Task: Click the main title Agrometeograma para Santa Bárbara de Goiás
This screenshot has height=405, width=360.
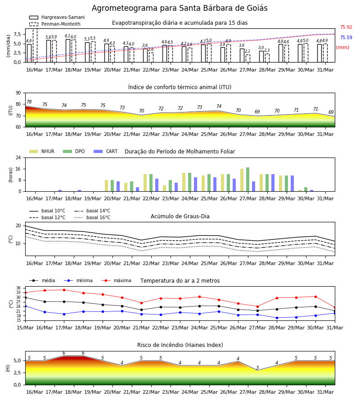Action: [180, 8]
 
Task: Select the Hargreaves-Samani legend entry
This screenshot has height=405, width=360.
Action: [57, 17]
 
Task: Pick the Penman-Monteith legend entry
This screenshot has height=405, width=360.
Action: [55, 24]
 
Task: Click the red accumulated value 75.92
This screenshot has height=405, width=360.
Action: [346, 27]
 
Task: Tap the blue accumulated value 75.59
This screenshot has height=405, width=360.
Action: [346, 37]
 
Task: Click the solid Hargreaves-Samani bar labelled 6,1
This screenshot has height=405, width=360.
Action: [68, 50]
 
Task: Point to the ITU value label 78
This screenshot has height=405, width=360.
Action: [29, 102]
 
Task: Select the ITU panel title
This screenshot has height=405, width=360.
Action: [180, 87]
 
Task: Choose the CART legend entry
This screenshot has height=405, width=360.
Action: [106, 151]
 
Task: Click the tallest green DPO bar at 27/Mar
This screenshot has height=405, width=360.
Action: [247, 180]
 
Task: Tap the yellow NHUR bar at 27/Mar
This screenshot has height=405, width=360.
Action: [242, 180]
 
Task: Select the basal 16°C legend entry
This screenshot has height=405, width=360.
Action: [92, 217]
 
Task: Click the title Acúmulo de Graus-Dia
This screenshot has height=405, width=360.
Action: [180, 216]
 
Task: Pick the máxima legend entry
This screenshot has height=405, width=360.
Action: [116, 280]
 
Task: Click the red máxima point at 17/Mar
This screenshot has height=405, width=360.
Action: [64, 290]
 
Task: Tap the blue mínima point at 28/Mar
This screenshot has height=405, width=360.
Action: [277, 318]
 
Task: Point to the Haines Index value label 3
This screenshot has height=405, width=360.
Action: [257, 368]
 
